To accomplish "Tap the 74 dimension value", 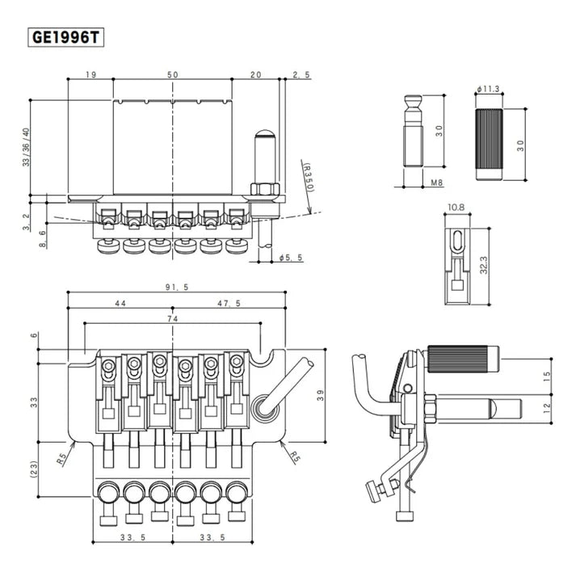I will point(172,319).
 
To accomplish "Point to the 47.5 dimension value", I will point(229,303).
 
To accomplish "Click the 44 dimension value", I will point(120,303).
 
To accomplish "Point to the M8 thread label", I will point(436,183).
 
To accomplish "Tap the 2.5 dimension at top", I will point(301,74).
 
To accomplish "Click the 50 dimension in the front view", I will point(172,74).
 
